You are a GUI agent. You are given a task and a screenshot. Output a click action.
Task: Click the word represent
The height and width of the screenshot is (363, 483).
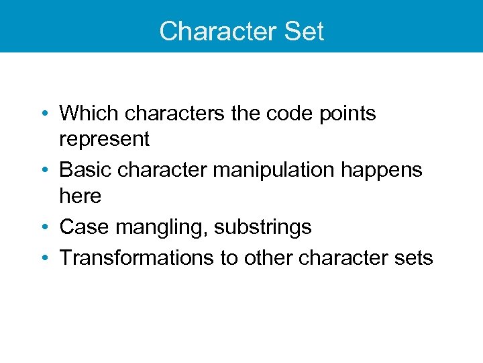[x=104, y=140]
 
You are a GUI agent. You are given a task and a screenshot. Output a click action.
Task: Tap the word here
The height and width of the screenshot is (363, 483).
[x=80, y=196]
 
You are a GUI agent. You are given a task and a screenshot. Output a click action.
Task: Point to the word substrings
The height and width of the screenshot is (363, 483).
[x=263, y=228]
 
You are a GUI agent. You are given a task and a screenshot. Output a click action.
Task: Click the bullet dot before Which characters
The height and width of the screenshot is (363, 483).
[x=46, y=114]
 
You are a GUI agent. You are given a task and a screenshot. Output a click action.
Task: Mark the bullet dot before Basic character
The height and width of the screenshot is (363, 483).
[x=46, y=171]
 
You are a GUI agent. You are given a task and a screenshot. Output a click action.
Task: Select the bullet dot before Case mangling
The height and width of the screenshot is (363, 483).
[x=46, y=228]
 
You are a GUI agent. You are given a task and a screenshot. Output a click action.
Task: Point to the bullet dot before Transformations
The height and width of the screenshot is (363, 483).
[x=46, y=258]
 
